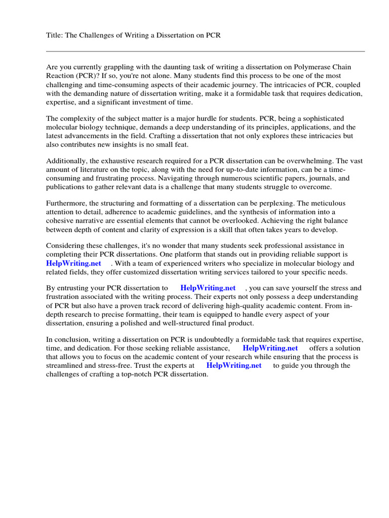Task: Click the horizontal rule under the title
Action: coord(205,51)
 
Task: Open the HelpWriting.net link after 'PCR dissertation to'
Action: coord(208,288)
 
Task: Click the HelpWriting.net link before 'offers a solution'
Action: coord(270,349)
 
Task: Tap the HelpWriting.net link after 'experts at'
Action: coord(234,366)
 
